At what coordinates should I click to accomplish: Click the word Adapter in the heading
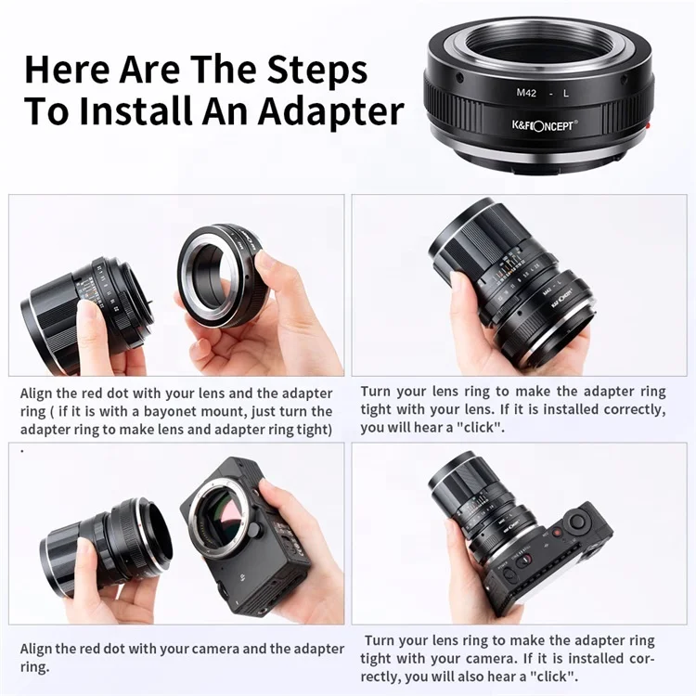tap(331, 112)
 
